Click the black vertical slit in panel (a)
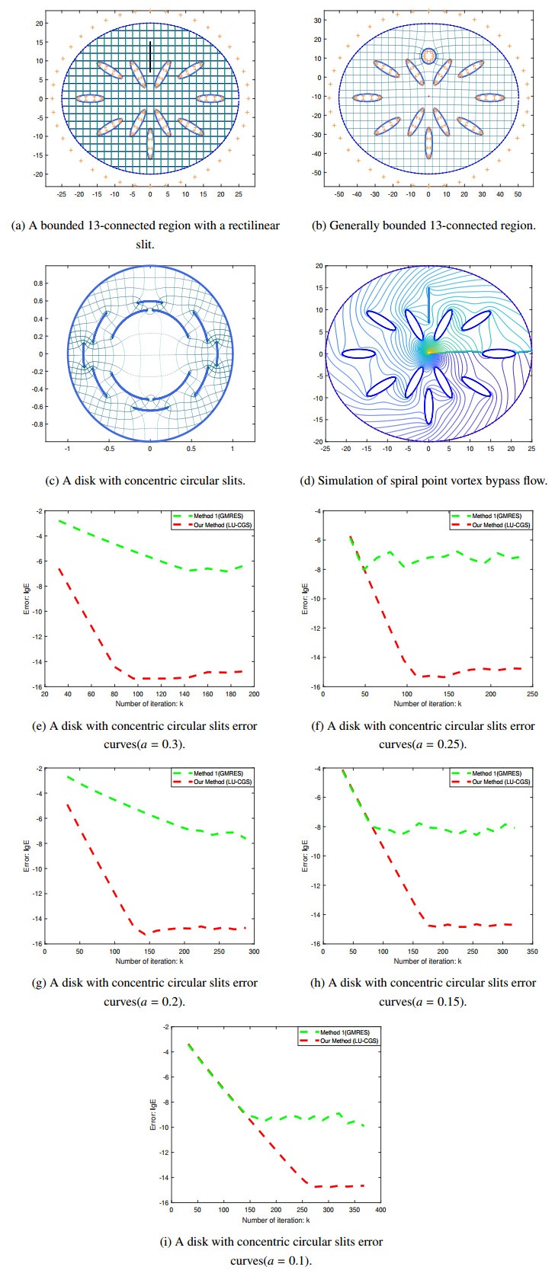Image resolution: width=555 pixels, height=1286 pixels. [x=150, y=57]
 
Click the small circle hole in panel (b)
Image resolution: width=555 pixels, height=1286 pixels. [x=428, y=56]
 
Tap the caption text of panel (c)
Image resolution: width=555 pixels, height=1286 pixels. [x=149, y=481]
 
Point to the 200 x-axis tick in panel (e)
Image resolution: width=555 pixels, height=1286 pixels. [x=254, y=695]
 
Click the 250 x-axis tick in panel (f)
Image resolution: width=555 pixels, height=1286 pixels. [x=532, y=695]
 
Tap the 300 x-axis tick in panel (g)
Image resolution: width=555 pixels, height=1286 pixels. [x=254, y=952]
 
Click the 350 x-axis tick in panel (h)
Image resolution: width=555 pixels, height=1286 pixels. [x=532, y=952]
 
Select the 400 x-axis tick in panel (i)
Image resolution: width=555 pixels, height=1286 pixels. [x=380, y=1210]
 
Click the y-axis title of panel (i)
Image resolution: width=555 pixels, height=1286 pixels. [x=153, y=1114]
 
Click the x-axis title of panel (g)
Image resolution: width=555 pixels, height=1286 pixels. [x=149, y=961]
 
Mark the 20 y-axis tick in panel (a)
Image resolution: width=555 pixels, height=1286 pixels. [x=38, y=24]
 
